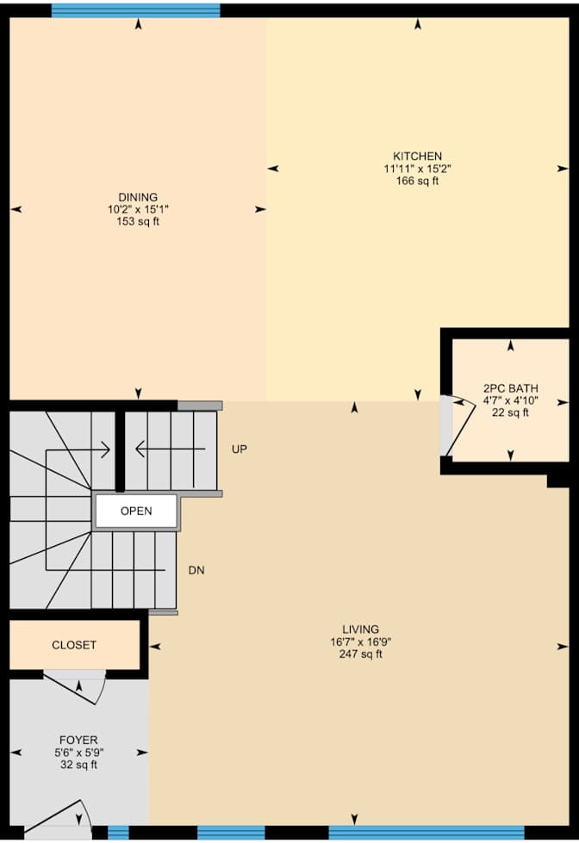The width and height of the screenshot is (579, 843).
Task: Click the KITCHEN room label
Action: coord(418,156)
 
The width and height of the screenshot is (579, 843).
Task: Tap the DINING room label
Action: coord(138,197)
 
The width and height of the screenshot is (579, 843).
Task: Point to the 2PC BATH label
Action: coord(511,388)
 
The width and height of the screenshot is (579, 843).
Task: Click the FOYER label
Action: coord(78,740)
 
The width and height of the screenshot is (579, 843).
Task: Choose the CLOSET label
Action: coord(74,645)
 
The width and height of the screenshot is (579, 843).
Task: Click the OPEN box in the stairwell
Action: coord(136,511)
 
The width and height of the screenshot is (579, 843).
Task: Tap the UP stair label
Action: coord(240,449)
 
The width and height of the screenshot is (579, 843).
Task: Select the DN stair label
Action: coord(196,570)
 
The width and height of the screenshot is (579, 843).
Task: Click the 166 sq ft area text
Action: coord(418,181)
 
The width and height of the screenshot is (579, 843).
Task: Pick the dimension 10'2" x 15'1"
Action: coord(138,209)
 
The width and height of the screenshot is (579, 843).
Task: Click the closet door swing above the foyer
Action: coord(78,687)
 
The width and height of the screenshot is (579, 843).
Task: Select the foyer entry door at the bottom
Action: coord(60,815)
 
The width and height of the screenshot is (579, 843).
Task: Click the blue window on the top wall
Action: coord(135,10)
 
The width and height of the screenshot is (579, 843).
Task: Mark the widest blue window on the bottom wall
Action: coord(426,833)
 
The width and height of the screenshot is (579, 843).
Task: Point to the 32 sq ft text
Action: coord(78,764)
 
